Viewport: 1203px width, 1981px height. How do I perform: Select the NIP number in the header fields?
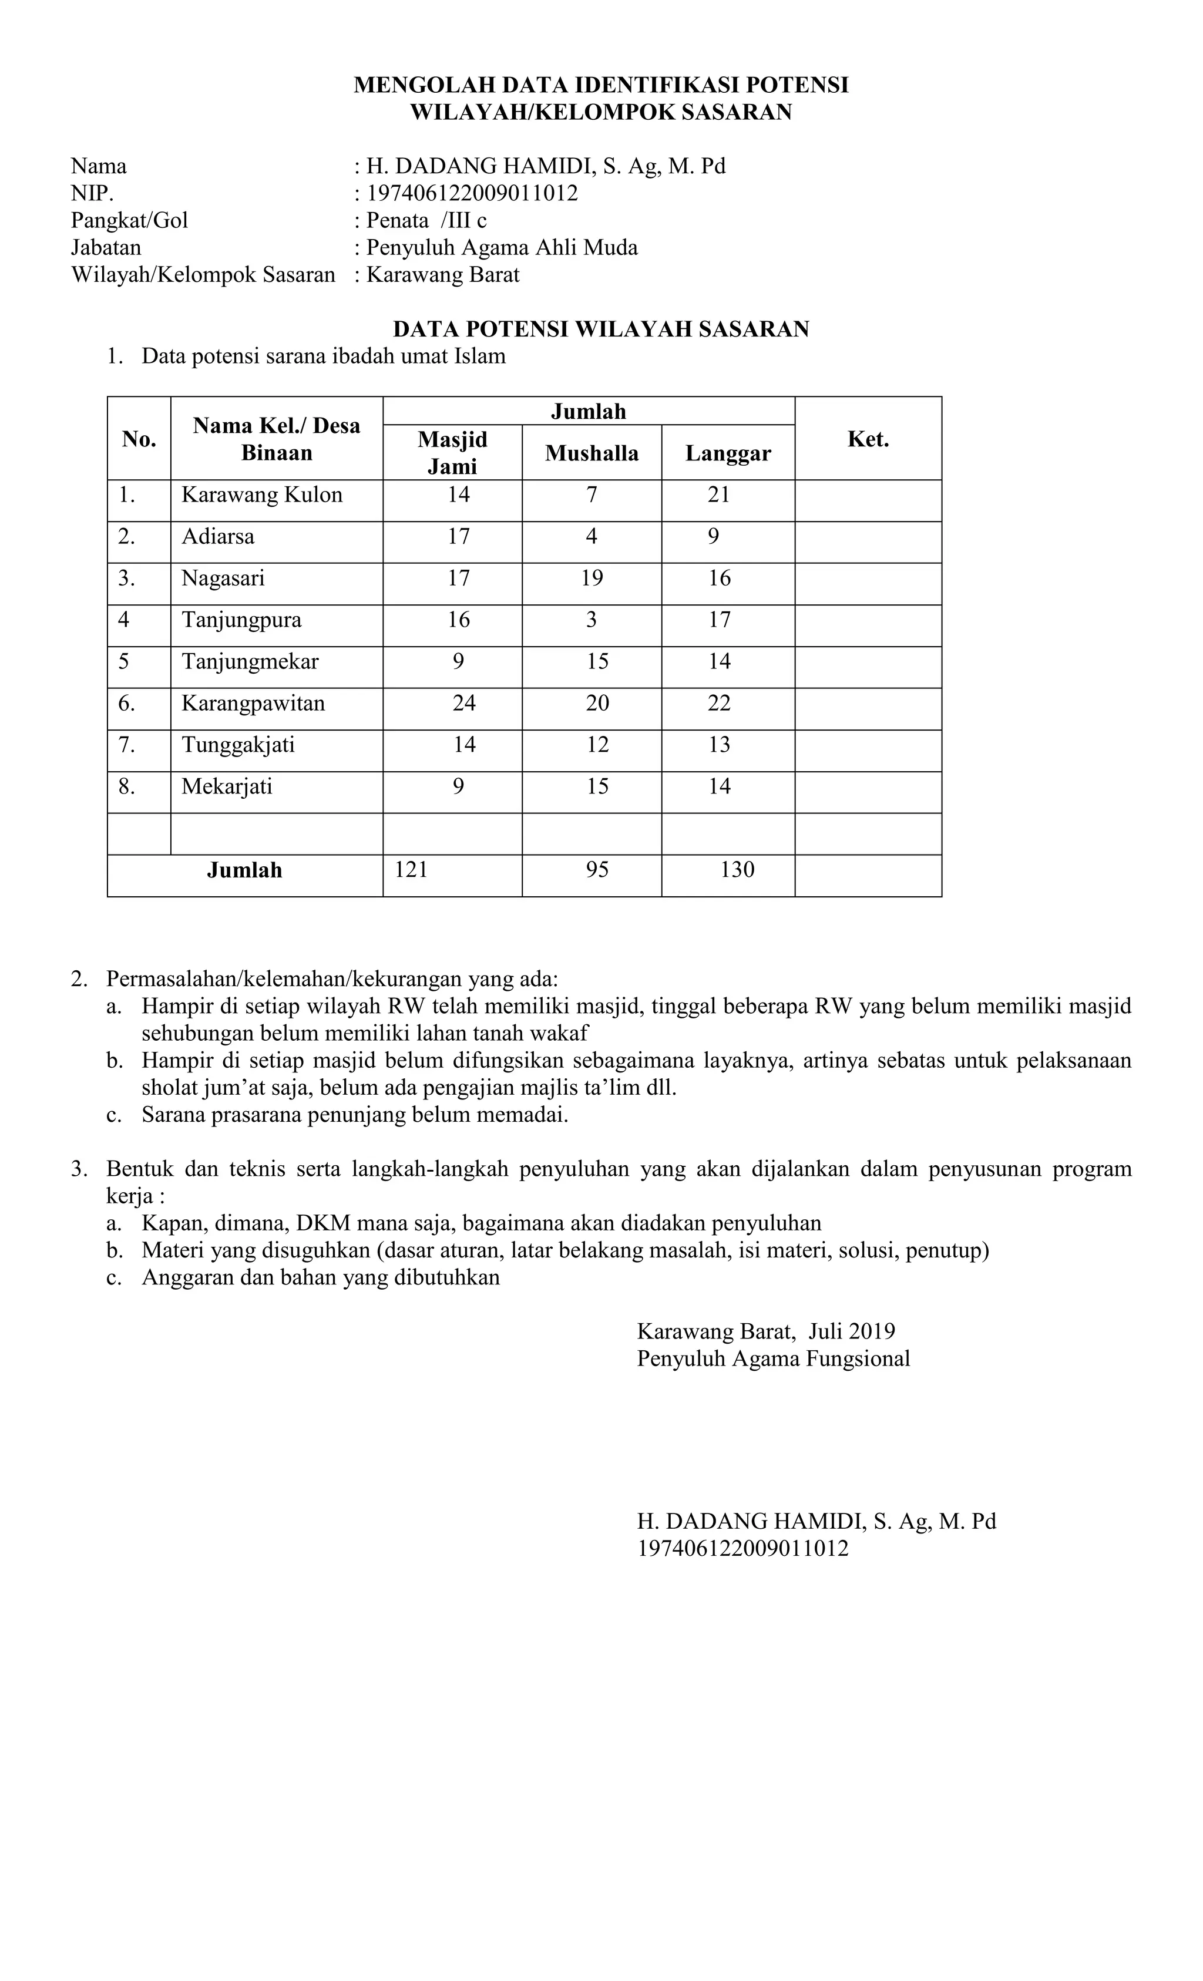click(472, 193)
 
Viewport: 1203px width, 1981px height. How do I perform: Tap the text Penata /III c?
click(426, 220)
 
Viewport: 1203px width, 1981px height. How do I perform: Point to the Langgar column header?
click(727, 453)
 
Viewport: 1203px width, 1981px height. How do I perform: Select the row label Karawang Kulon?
click(262, 495)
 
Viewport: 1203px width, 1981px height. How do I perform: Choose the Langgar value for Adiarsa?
click(713, 536)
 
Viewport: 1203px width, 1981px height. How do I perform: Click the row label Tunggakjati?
click(238, 745)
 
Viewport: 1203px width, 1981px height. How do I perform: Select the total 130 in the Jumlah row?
click(737, 869)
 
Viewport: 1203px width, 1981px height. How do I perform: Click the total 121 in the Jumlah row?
click(411, 869)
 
